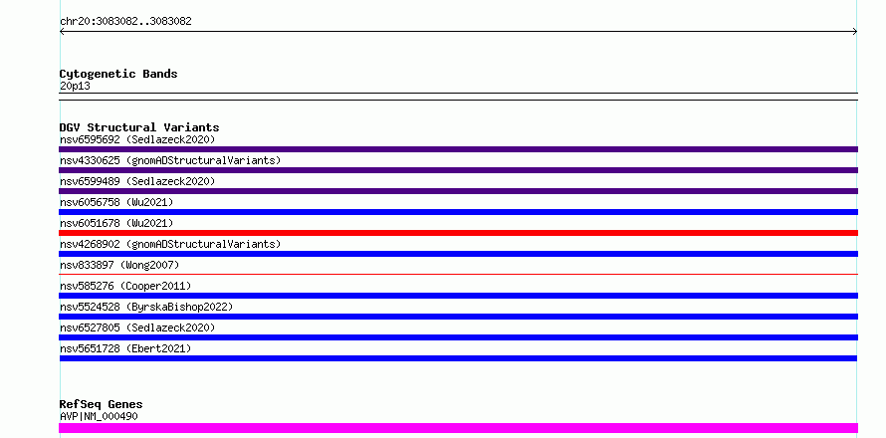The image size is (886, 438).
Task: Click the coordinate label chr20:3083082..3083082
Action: pos(125,22)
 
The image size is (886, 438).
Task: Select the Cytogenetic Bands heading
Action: pos(118,74)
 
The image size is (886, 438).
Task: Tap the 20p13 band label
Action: pos(75,87)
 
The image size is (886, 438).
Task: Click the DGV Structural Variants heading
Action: pos(139,127)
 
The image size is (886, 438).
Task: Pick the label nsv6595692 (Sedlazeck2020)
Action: pos(137,139)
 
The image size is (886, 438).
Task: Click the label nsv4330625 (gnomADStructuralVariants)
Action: pos(170,160)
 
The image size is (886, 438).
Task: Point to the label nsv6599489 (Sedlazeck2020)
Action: pos(137,181)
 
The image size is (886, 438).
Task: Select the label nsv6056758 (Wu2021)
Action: pos(116,202)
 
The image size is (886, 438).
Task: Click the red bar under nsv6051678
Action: pos(458,233)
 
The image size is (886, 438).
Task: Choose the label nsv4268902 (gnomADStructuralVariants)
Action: pos(170,244)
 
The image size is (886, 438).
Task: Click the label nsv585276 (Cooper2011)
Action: pos(125,286)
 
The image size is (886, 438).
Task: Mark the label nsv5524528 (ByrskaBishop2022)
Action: pos(146,307)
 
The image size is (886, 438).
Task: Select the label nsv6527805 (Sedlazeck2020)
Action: pos(137,328)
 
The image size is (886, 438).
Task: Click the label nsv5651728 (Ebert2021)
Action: pos(125,348)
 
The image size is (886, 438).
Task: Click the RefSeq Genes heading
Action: pos(102,404)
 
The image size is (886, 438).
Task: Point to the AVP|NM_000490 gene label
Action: pos(99,416)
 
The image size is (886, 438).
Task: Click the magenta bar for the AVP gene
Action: pos(458,428)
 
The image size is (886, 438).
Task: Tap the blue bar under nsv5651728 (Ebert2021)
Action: pos(458,358)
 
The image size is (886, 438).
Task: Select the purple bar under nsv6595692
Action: pos(458,149)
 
